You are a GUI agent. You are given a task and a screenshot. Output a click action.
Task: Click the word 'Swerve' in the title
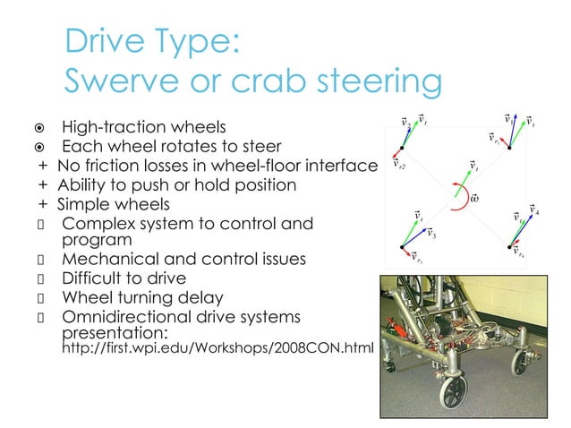point(119,82)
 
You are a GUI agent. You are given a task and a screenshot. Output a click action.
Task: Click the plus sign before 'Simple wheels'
point(42,205)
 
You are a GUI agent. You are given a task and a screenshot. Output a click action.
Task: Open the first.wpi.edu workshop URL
point(215,347)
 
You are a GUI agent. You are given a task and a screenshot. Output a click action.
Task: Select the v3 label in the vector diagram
point(430,235)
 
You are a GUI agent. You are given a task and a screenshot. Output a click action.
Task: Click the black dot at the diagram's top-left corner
point(402,148)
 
